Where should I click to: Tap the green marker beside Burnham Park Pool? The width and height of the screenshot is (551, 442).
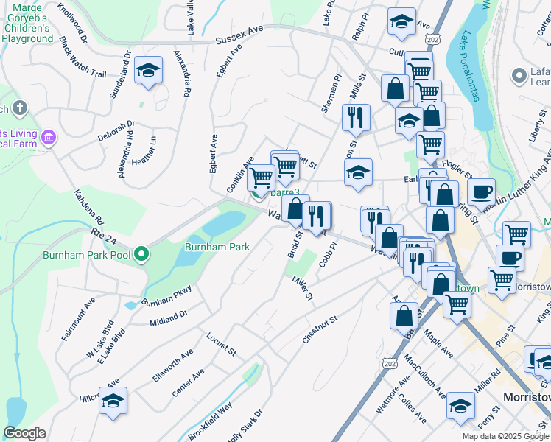click(142, 255)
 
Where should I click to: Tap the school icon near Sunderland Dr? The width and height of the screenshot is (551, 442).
click(149, 71)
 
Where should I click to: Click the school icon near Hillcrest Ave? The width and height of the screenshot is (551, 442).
click(113, 401)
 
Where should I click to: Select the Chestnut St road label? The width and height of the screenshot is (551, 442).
click(319, 329)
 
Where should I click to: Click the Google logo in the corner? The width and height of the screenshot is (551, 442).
click(24, 433)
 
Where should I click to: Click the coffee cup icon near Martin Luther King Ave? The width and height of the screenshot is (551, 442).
click(481, 192)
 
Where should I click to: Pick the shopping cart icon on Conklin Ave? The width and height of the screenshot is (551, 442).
click(261, 178)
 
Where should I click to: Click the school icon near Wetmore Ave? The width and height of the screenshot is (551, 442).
click(461, 405)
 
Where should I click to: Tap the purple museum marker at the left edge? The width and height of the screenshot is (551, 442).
click(49, 137)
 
